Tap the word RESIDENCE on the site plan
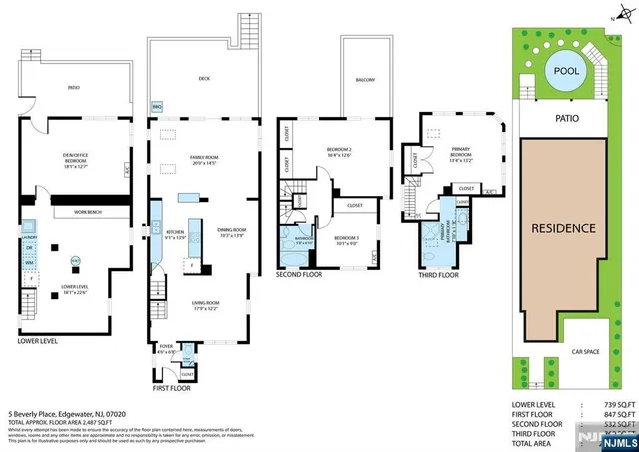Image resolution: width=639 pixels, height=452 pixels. (x=563, y=227)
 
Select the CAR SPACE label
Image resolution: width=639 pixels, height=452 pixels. (x=584, y=351)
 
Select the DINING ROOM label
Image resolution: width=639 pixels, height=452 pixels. (x=232, y=233)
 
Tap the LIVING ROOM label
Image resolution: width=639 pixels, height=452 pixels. (x=204, y=305)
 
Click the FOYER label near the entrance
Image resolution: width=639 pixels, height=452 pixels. (x=167, y=349)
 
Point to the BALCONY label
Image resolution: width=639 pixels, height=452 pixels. (x=364, y=81)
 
